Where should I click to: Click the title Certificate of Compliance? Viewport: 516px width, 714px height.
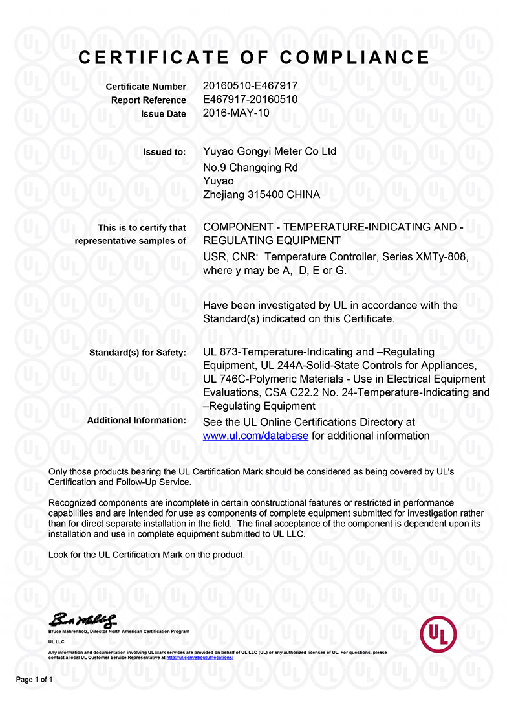[x=254, y=58]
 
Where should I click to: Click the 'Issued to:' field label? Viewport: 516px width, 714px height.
[x=164, y=153]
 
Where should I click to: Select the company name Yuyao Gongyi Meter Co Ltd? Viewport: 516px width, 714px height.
[x=270, y=152]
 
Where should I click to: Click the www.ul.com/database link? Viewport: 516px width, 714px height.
[x=255, y=436]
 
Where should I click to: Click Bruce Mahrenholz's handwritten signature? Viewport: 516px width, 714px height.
[x=83, y=619]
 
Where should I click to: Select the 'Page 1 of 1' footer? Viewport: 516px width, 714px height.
[x=34, y=680]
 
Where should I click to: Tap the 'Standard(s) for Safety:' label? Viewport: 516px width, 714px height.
[x=137, y=353]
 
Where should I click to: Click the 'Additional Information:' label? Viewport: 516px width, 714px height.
[x=136, y=421]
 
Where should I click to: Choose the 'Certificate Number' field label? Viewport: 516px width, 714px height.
[x=145, y=87]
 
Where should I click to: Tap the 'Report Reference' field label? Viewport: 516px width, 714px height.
[x=148, y=100]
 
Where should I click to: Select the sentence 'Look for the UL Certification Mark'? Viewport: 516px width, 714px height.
[x=147, y=555]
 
